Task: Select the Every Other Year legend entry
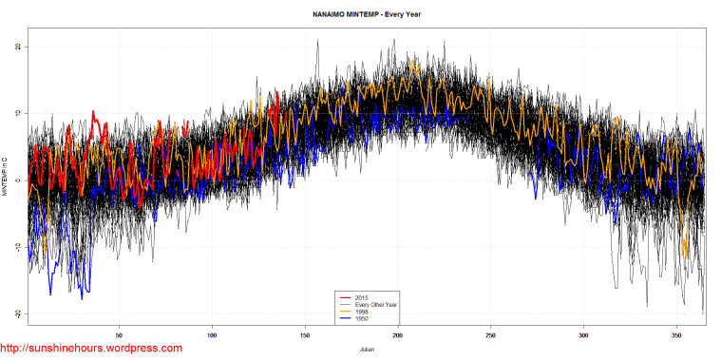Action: click(371, 305)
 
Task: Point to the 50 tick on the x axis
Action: click(120, 334)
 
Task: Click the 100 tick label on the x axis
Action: click(212, 334)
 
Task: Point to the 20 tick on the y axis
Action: click(17, 47)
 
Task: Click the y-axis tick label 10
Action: click(17, 114)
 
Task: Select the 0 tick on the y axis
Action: click(17, 180)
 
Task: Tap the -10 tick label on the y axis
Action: click(17, 247)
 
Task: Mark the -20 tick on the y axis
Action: click(17, 314)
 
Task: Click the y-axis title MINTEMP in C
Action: click(6, 180)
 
